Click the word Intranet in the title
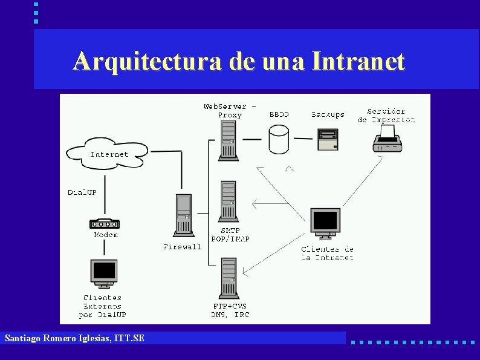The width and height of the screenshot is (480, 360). [x=358, y=61]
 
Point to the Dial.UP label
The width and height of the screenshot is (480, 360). [x=82, y=192]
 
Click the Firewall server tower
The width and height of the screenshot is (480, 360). [x=183, y=215]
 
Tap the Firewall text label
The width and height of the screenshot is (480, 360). [x=182, y=247]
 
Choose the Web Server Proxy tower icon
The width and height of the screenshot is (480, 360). [x=229, y=140]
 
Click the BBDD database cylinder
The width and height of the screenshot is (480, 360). [x=279, y=139]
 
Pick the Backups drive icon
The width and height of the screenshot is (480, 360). [x=328, y=140]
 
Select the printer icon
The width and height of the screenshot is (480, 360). [x=388, y=140]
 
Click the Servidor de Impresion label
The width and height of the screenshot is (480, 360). [x=386, y=116]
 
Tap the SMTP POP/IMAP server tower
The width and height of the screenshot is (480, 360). [x=229, y=200]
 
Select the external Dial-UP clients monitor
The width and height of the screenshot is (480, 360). [x=104, y=273]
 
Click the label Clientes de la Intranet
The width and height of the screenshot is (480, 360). [x=328, y=254]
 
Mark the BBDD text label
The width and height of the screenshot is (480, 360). [x=279, y=114]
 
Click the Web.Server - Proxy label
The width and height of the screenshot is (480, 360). [x=230, y=111]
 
